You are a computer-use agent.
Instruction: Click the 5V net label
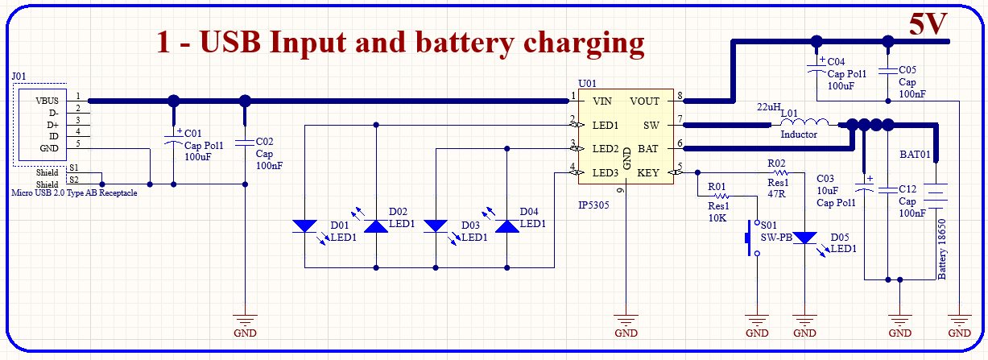click(x=928, y=25)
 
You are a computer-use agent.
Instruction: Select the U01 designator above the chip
click(x=587, y=83)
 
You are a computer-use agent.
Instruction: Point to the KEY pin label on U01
click(x=648, y=172)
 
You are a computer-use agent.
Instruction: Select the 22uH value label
click(x=769, y=107)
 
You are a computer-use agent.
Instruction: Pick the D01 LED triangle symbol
click(x=304, y=226)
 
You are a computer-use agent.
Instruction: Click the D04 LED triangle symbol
click(x=506, y=226)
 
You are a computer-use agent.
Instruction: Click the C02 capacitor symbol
click(x=245, y=143)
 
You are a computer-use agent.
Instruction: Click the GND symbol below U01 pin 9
click(x=626, y=321)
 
